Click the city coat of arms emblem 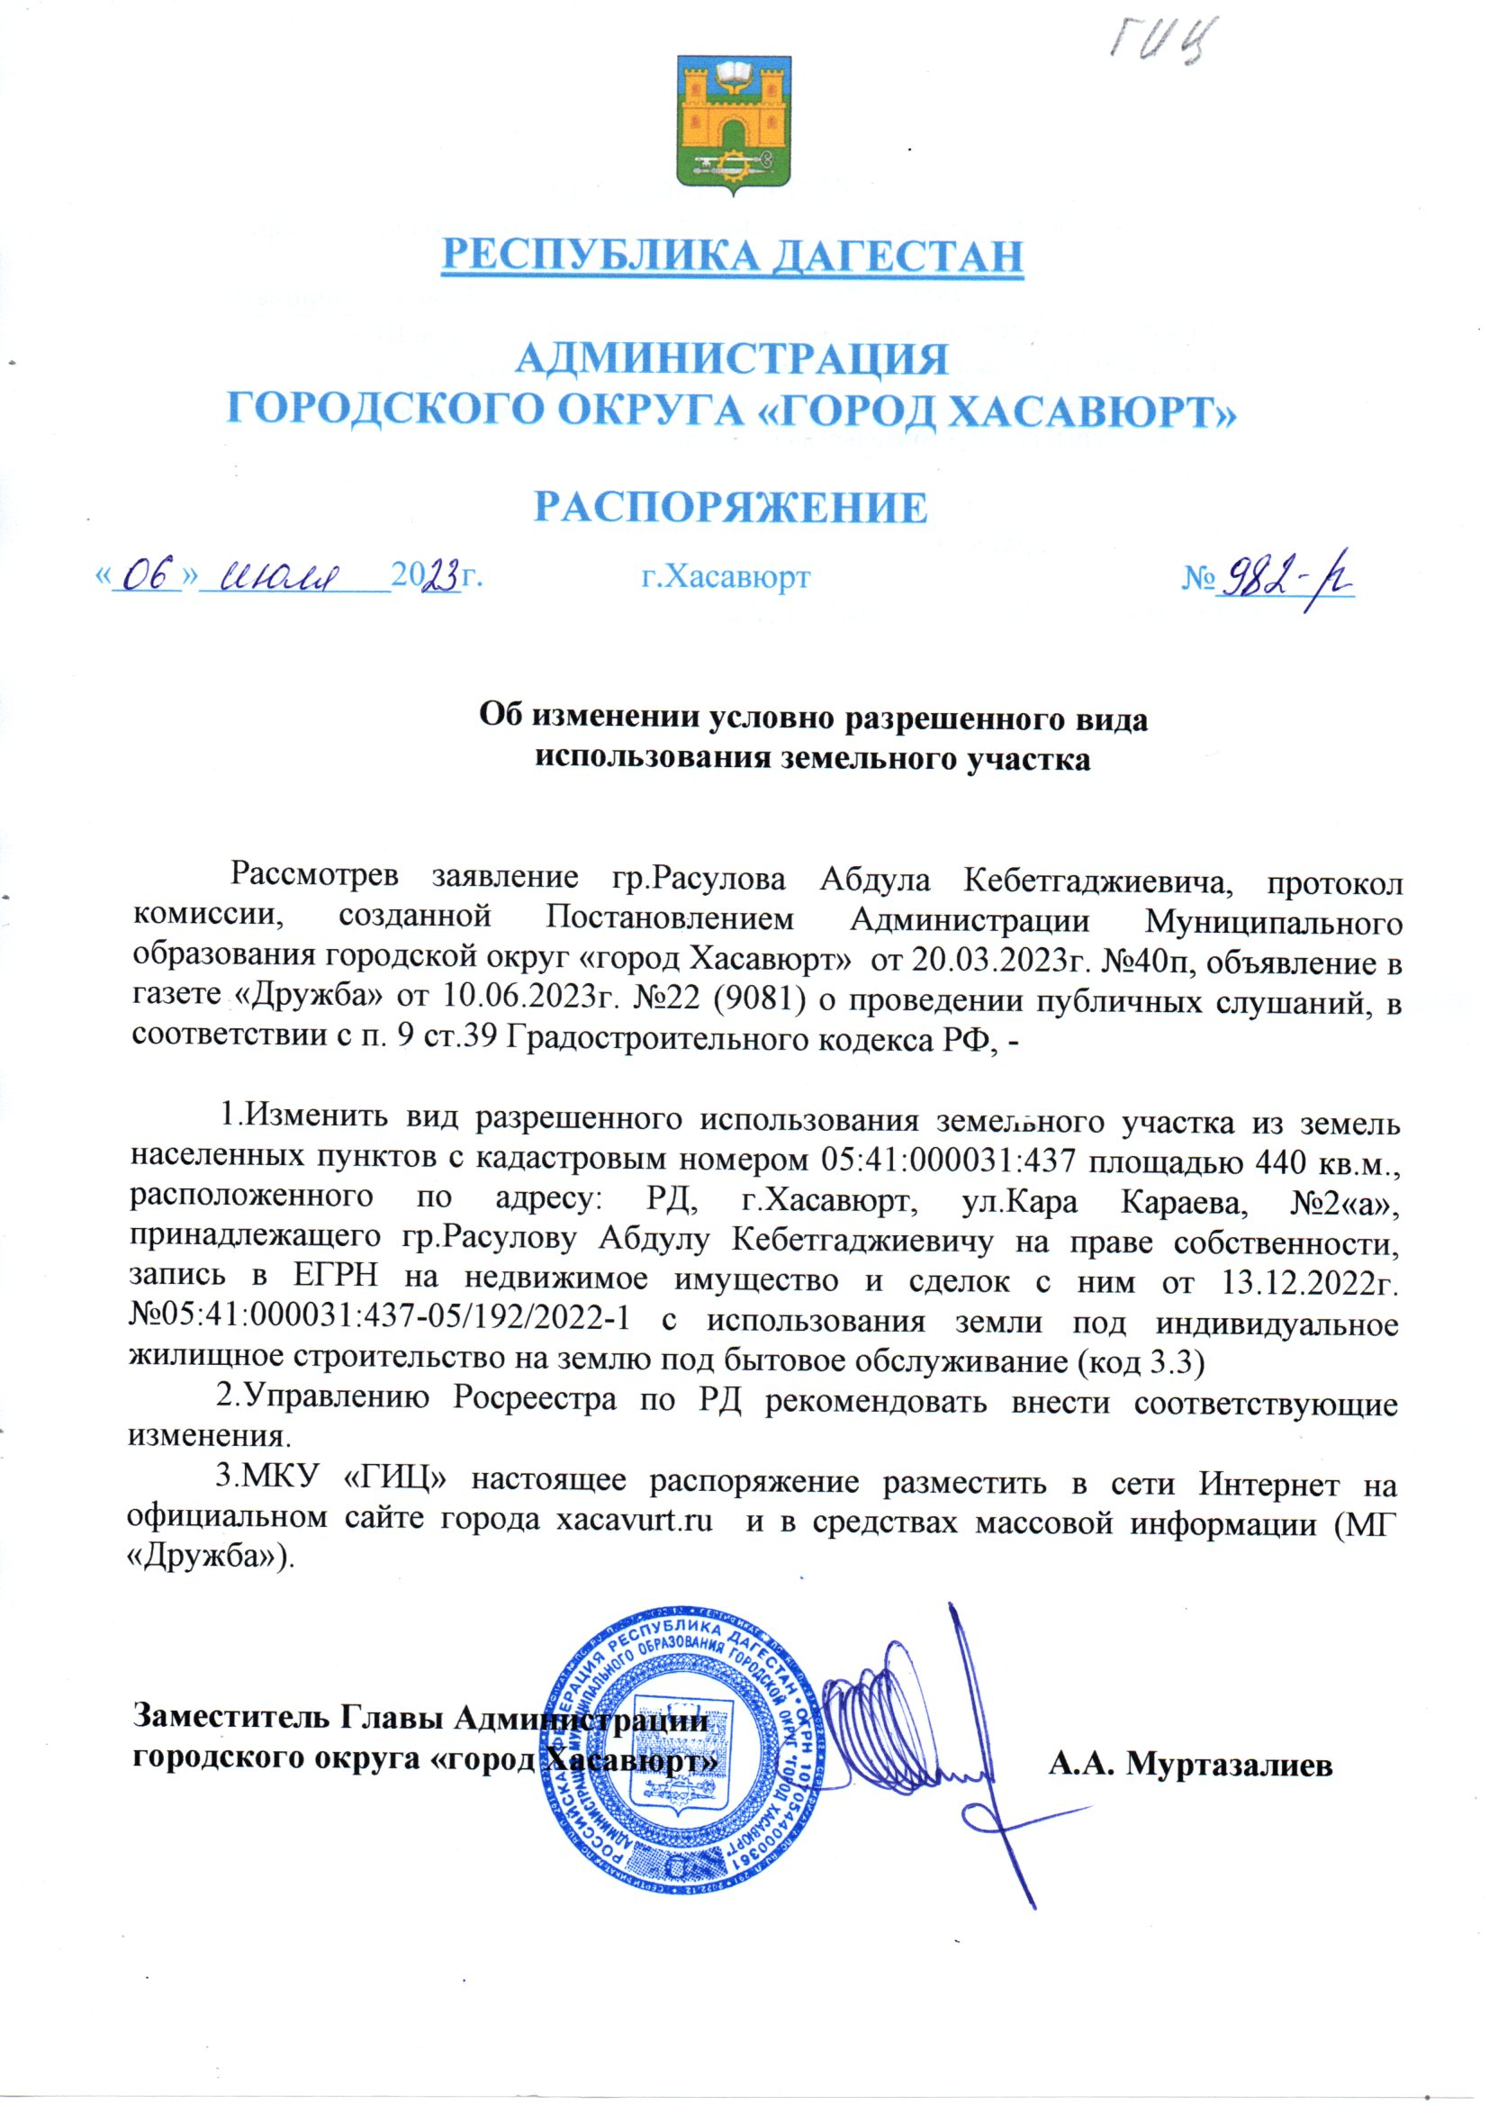[734, 126]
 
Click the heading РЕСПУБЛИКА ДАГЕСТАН [732, 256]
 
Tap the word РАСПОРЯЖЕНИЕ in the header [731, 508]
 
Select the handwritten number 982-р [1285, 579]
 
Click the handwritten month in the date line [290, 577]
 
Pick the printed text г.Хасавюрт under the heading [726, 577]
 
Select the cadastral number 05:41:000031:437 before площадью [943, 1161]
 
